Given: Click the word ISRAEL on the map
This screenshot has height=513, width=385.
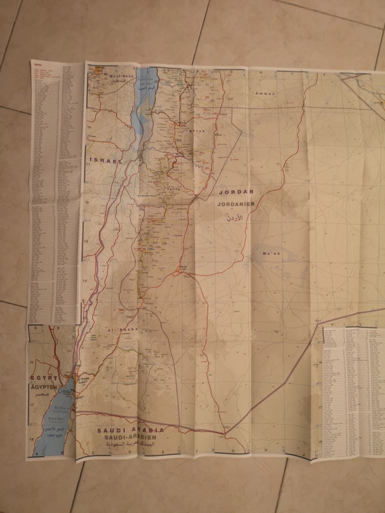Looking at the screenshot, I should (106, 162).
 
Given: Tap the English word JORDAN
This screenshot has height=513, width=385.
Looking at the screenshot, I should (236, 192).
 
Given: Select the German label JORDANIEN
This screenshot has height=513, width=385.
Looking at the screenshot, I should (236, 204).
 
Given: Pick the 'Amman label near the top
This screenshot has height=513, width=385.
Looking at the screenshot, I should (264, 94).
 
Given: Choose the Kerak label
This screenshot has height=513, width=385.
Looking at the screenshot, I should (179, 130).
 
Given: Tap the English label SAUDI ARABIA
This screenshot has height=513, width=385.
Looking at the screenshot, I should (127, 429).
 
